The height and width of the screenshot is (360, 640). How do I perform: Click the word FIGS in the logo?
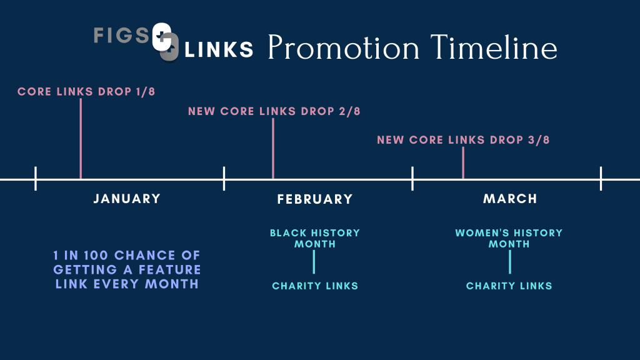[122, 35]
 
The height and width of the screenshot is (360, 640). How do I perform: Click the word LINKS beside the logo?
[219, 50]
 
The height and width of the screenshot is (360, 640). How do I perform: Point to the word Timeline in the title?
[494, 47]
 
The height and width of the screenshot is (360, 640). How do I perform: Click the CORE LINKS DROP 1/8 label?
[86, 91]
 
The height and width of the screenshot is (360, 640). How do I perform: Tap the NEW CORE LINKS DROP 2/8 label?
[274, 111]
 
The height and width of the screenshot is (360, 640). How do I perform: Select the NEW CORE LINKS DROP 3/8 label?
[463, 139]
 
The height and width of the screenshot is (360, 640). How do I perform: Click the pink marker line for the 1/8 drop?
[81, 139]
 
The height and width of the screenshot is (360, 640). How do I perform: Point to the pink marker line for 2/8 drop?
[273, 149]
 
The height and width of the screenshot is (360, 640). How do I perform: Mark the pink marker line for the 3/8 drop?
[463, 163]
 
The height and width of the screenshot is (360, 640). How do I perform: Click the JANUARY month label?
[127, 199]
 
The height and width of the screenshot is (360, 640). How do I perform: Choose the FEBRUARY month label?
[315, 199]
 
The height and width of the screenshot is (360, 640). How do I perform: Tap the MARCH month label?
[510, 199]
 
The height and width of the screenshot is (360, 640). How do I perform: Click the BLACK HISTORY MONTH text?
[315, 238]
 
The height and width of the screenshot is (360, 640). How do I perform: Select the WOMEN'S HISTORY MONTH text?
[509, 238]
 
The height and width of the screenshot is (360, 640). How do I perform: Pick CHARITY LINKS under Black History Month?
[315, 286]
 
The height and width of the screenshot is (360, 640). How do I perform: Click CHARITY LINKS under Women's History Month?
[509, 286]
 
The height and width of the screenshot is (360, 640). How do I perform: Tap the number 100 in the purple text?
[96, 256]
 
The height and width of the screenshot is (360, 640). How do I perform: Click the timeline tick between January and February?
[224, 178]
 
